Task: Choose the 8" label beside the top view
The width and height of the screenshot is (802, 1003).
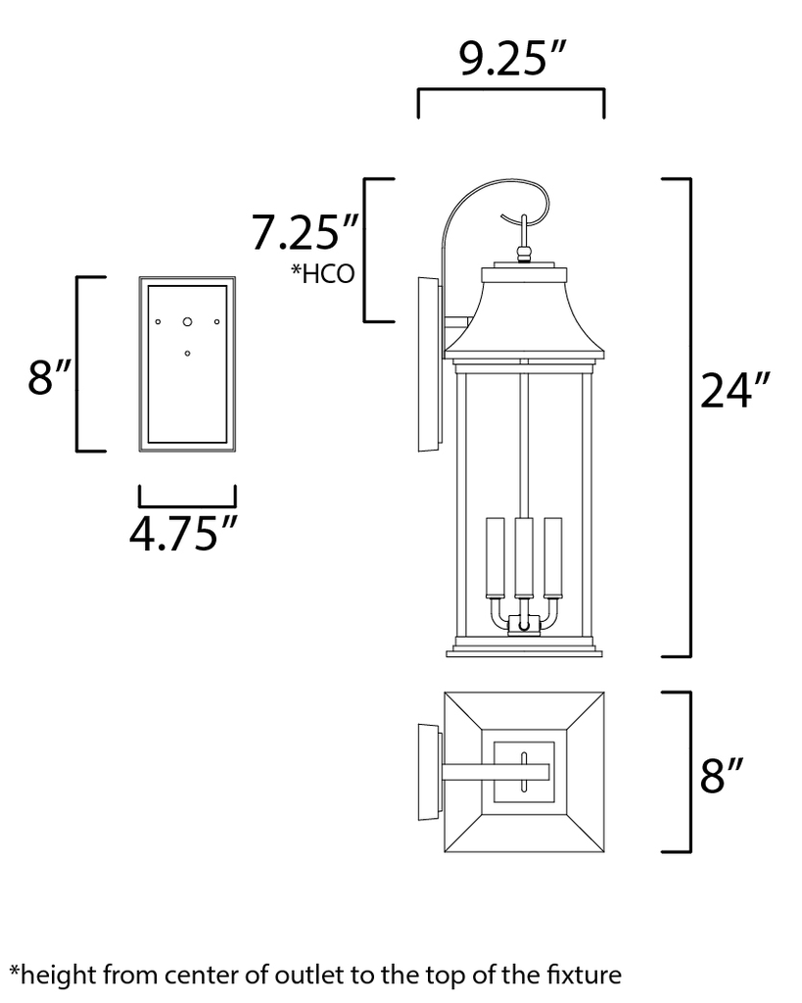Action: point(726,776)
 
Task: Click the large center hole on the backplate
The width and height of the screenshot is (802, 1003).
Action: point(187,320)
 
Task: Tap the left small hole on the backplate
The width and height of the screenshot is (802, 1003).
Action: point(157,320)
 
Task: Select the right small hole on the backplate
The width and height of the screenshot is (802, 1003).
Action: point(217,320)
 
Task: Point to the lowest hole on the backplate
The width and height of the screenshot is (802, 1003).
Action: point(187,353)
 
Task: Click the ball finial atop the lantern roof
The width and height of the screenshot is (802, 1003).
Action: point(525,254)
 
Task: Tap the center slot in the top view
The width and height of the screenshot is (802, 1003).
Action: point(525,767)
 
